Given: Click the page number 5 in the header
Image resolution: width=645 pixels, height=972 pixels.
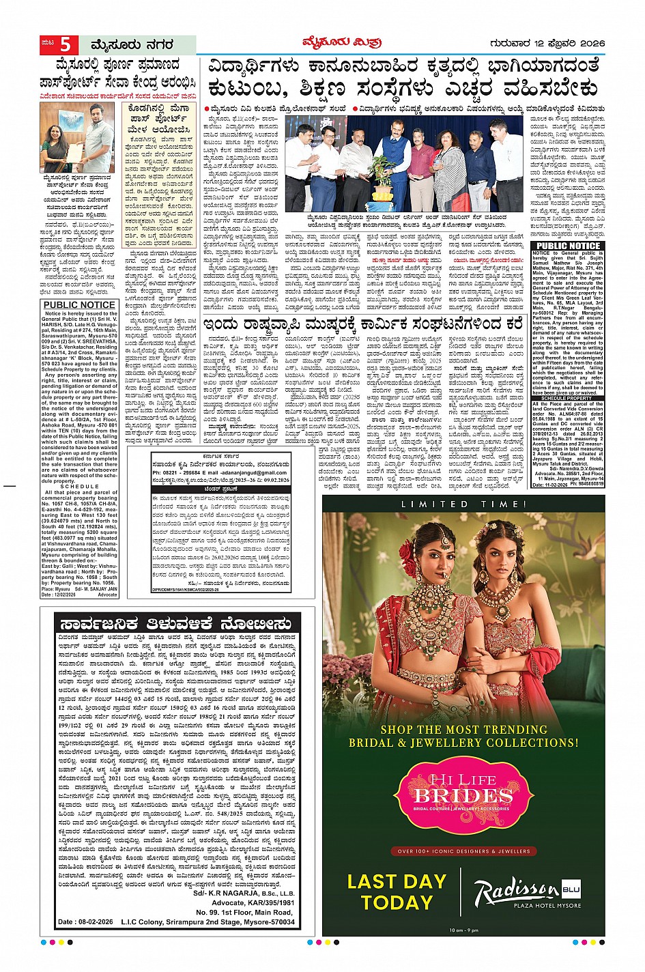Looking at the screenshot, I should pyautogui.click(x=65, y=45).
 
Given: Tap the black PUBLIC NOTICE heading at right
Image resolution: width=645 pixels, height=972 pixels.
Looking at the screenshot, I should pyautogui.click(x=568, y=246).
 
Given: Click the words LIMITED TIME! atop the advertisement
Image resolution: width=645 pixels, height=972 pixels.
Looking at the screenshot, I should pyautogui.click(x=463, y=504).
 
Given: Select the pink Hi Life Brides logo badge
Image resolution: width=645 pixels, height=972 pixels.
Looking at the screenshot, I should pyautogui.click(x=463, y=796).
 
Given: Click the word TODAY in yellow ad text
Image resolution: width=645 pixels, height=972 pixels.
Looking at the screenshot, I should pyautogui.click(x=397, y=902).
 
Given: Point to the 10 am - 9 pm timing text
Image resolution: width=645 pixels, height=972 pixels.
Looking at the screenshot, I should pyautogui.click(x=464, y=930).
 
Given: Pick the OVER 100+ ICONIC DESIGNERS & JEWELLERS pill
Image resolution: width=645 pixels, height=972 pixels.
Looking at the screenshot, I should pyautogui.click(x=463, y=851).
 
